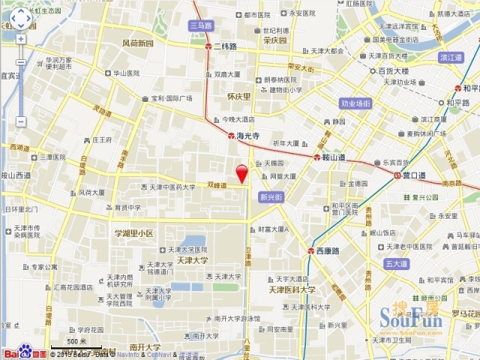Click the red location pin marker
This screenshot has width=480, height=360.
(x=241, y=172)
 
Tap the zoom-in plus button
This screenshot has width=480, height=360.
(x=20, y=39)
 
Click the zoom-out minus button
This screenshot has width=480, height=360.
(x=20, y=121)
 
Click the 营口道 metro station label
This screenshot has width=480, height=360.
(x=412, y=175)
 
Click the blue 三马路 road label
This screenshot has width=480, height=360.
(x=201, y=25)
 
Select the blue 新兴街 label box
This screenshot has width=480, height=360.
(x=271, y=197)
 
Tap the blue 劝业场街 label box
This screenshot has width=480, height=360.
(x=355, y=103)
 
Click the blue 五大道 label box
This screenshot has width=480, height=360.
(x=395, y=264)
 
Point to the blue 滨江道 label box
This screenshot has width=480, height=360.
(x=452, y=57)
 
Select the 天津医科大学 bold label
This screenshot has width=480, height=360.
(x=292, y=289)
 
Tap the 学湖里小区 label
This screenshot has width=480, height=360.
(x=133, y=234)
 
